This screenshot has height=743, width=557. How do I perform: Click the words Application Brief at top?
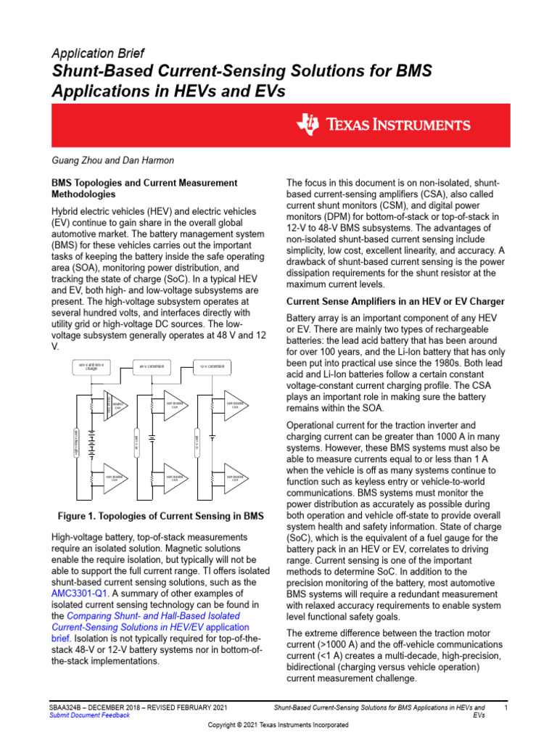97,54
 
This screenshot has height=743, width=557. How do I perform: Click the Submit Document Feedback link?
89,715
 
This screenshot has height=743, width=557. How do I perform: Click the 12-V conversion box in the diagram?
211,367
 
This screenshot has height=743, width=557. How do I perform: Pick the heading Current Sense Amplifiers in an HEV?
396,301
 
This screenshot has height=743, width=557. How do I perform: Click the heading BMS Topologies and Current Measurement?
143,183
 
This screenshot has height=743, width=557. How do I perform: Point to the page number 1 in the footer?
505,707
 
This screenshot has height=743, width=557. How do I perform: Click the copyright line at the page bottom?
278,725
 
